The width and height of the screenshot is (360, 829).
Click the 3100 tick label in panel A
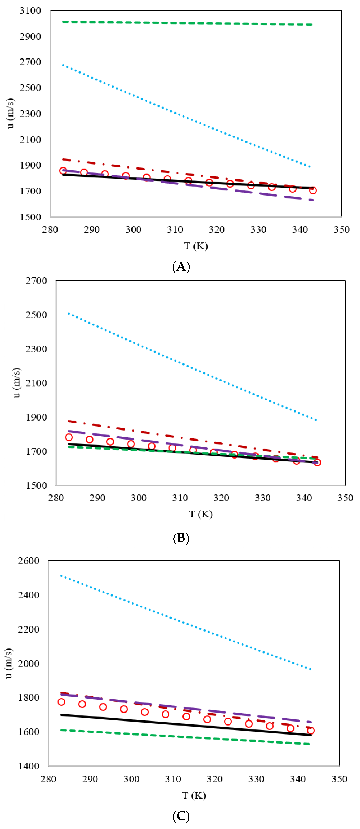point(30,11)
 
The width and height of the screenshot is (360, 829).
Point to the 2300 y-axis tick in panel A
point(30,114)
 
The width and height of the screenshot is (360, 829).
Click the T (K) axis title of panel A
point(196,246)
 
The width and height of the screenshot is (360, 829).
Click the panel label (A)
point(181,267)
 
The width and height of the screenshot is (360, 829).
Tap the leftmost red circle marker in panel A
point(63,171)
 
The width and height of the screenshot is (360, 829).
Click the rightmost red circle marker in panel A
point(313,190)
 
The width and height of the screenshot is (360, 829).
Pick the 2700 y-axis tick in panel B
point(36,281)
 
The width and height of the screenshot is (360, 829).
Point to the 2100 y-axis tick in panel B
point(36,383)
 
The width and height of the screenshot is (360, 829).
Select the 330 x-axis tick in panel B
point(262,498)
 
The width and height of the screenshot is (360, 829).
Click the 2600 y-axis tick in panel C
point(28,561)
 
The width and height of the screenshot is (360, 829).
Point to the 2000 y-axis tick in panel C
point(28,663)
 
